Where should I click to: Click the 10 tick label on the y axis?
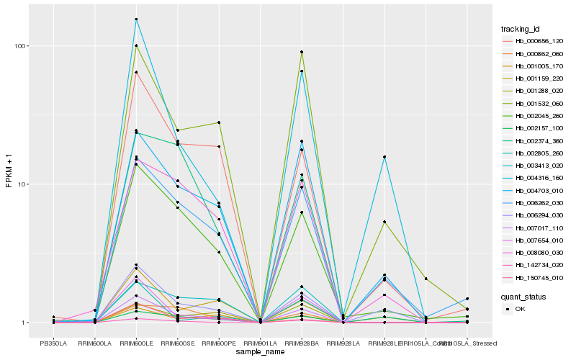point(22,184)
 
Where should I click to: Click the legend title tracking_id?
point(521,29)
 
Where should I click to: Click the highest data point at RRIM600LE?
point(136,19)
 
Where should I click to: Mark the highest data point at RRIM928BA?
point(302,52)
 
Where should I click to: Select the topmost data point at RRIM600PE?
point(219,122)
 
